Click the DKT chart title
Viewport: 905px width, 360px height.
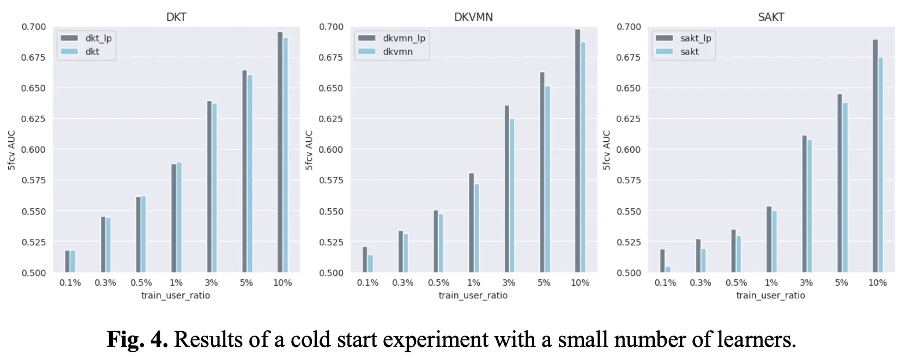pos(176,17)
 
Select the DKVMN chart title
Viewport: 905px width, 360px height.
pos(473,17)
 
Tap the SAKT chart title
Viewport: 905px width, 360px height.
pos(771,17)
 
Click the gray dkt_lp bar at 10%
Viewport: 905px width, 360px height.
pos(280,153)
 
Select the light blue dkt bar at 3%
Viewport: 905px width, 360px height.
pos(214,188)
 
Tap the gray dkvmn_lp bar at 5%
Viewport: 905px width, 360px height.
pos(542,172)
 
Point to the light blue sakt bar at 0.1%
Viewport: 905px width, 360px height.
pos(668,269)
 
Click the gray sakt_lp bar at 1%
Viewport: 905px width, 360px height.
pos(769,239)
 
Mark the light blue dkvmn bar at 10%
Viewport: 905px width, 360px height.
pos(583,158)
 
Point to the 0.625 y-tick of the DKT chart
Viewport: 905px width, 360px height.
pos(33,119)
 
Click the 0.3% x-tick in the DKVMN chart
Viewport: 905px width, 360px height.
pos(403,283)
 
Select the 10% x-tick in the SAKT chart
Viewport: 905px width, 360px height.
pos(877,283)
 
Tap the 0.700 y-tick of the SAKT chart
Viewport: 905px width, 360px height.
pos(628,27)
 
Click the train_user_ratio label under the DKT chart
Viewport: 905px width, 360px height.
pos(176,295)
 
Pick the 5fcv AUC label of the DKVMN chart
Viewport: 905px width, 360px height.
pos(309,150)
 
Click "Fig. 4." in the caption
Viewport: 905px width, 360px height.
pos(137,339)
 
